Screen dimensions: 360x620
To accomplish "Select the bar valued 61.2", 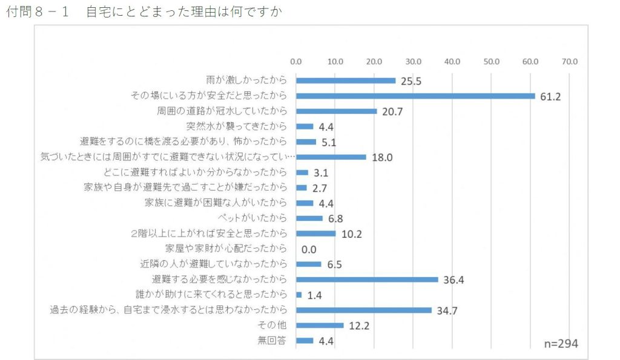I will tap(415, 96).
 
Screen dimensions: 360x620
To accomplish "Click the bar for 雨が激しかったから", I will tap(346, 80).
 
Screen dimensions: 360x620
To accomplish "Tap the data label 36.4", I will tap(453, 280).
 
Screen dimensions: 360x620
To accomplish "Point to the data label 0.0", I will tap(309, 249).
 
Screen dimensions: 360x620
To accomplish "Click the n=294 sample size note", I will tap(560, 343).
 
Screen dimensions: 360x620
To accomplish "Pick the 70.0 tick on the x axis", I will tap(569, 61).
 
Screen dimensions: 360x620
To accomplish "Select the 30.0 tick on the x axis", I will tap(413, 61).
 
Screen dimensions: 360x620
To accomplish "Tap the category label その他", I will tap(272, 326).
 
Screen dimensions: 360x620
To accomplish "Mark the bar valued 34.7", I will tap(364, 310).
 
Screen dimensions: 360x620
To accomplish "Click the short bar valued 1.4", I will tap(298, 295).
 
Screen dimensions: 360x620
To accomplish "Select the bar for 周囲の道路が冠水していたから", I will tap(336, 111).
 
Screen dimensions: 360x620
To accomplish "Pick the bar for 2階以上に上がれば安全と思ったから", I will tap(315, 234).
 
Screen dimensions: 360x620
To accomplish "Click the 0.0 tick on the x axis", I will tap(296, 61).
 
